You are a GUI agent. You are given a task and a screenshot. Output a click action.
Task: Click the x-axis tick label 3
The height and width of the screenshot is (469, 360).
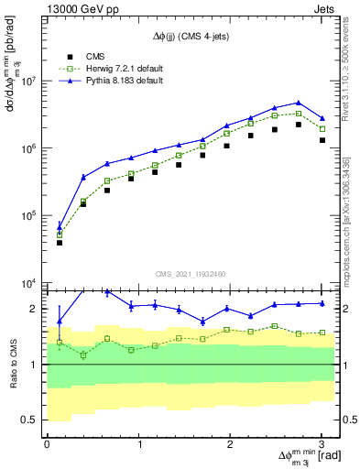322,444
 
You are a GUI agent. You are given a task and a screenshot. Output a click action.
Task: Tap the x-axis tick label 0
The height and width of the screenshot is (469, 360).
47,444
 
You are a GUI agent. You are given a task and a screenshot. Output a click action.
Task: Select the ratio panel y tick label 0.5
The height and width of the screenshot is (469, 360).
32,420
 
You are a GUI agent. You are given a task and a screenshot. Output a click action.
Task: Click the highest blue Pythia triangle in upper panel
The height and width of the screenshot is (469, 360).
299,103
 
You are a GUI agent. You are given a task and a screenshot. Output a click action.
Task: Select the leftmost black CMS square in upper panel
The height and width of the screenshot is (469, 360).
60,243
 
